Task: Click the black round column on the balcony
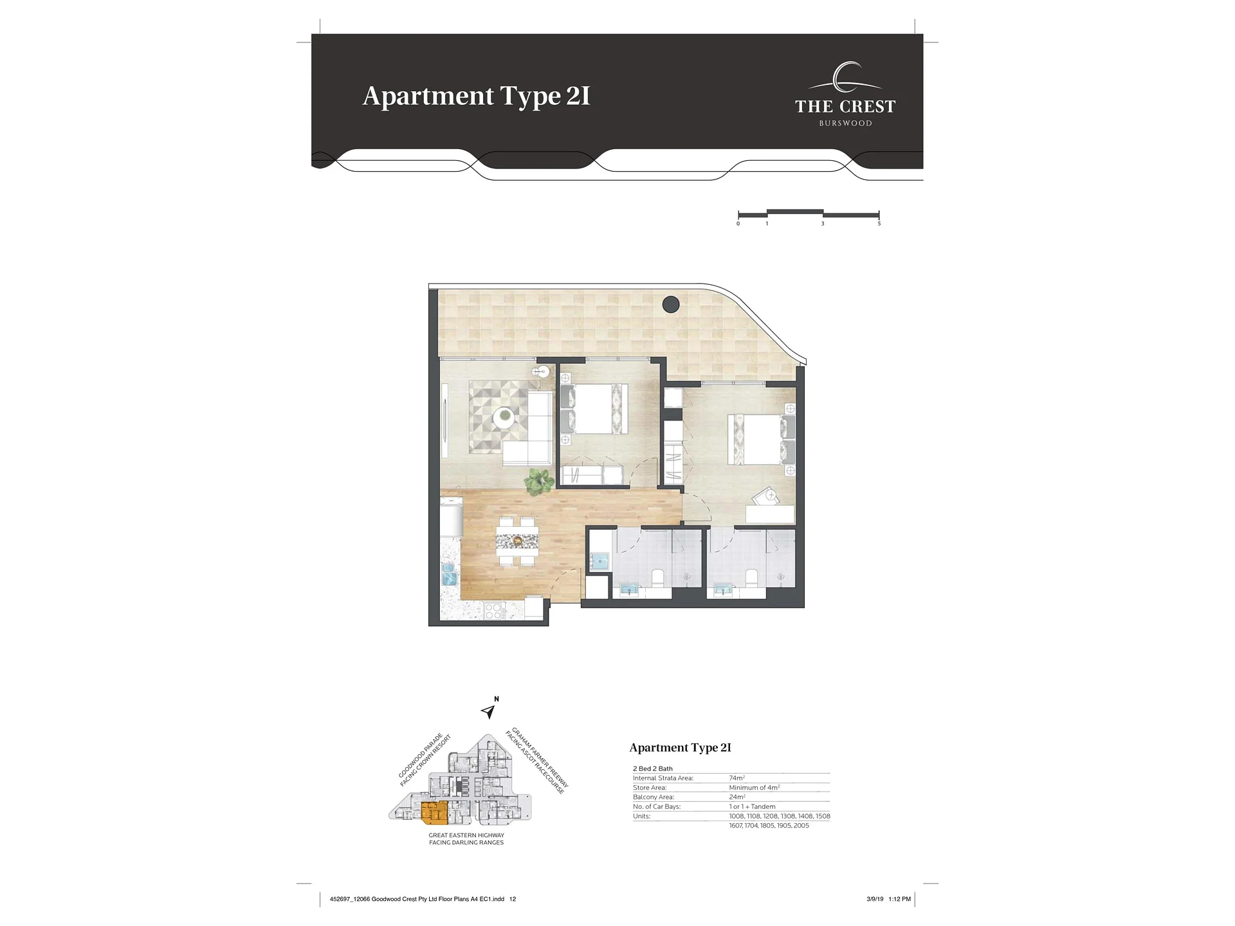pos(671,304)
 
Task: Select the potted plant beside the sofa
pos(538,482)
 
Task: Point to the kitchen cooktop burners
pos(493,610)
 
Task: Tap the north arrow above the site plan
pos(488,711)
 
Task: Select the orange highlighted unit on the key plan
pos(434,813)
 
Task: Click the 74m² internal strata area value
pos(736,778)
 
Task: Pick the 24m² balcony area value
pos(737,797)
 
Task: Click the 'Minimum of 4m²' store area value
pos(755,788)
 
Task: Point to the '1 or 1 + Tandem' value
pos(752,806)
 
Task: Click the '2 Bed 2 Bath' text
pos(653,768)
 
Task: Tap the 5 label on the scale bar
pos(879,224)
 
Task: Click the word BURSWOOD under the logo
pos(845,123)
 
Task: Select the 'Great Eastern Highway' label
pos(466,835)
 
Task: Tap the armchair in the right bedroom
pos(767,496)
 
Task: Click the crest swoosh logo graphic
pos(845,78)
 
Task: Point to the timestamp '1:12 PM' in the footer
pos(899,899)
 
